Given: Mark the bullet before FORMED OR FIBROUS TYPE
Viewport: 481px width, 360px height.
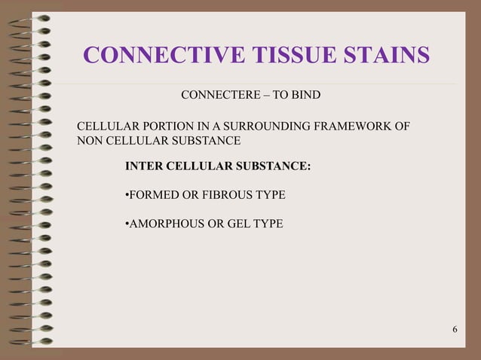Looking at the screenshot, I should coord(127,195).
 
